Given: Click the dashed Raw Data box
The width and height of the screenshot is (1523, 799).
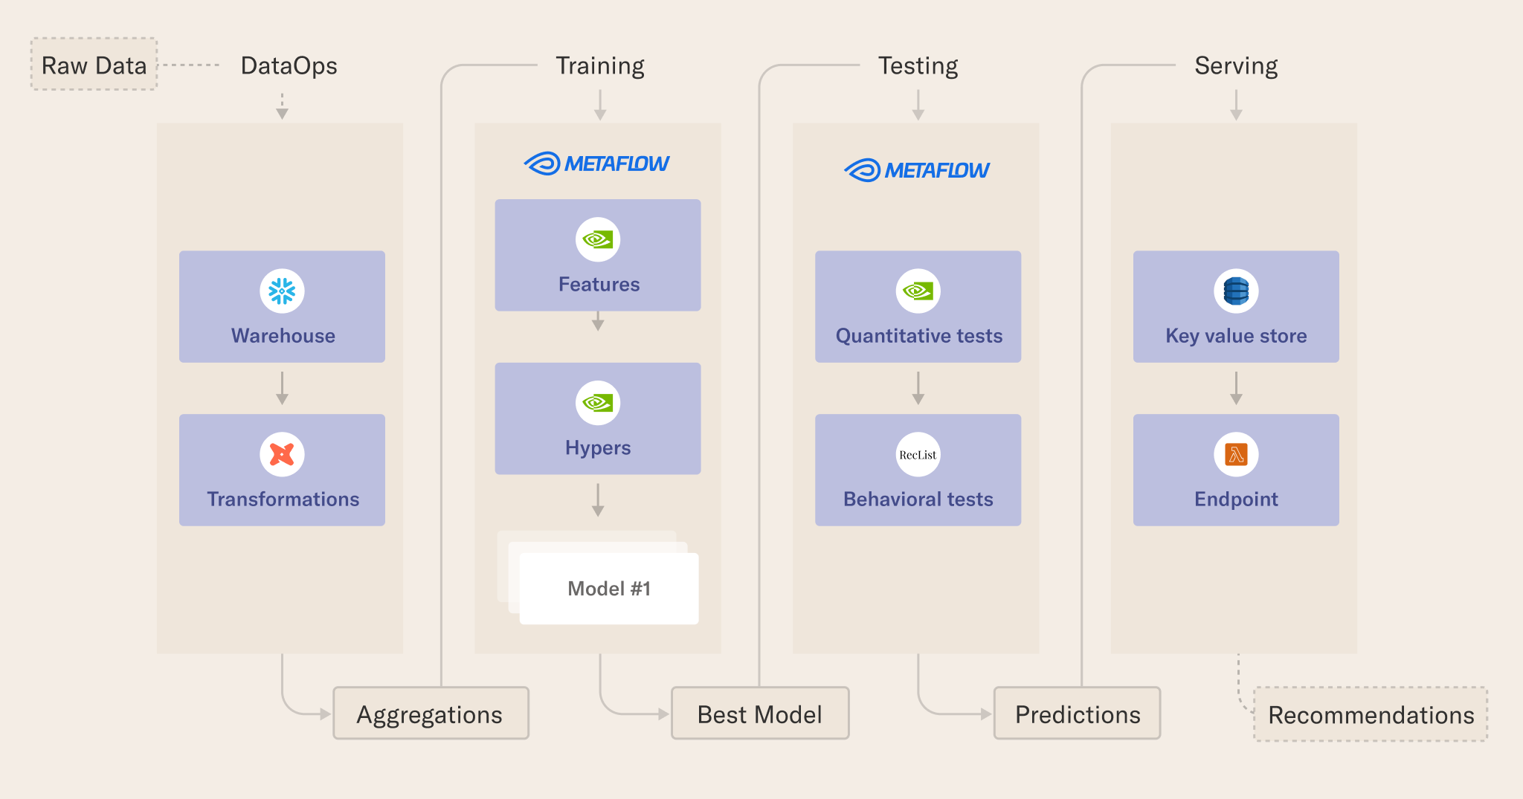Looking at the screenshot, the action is click(x=94, y=65).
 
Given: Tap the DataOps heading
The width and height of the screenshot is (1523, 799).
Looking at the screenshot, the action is click(x=289, y=65).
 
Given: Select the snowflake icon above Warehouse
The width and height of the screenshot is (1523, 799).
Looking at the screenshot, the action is click(x=282, y=291).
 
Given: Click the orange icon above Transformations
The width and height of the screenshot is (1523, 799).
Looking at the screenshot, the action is click(x=282, y=454).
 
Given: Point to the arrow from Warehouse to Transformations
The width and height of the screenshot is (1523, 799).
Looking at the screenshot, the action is click(x=282, y=388).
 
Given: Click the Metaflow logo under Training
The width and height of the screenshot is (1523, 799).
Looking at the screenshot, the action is click(x=597, y=164).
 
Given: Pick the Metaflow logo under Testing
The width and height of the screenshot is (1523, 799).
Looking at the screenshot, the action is click(x=917, y=170).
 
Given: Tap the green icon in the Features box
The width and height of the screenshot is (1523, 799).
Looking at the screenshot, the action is click(x=598, y=239).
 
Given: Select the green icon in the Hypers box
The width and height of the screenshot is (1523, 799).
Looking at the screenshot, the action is click(x=598, y=403).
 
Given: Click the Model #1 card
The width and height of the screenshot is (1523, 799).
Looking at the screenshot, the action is click(x=609, y=589).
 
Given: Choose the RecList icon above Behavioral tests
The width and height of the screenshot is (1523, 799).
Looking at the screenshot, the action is click(x=918, y=454).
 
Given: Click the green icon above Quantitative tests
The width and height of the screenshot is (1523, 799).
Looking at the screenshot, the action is click(x=918, y=291).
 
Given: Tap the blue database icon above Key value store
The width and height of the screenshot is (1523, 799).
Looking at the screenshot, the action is click(x=1236, y=291).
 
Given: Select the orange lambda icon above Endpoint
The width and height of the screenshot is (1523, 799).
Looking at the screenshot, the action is click(x=1236, y=454).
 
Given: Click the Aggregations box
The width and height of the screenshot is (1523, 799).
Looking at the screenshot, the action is click(x=431, y=714).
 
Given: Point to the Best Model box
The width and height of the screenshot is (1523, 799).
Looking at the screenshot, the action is click(x=760, y=714).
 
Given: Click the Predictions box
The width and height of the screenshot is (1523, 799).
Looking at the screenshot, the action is click(x=1077, y=714).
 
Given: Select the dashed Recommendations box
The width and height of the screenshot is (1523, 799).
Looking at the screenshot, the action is click(x=1371, y=714).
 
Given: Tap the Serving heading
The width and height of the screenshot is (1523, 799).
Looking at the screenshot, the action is click(x=1236, y=65).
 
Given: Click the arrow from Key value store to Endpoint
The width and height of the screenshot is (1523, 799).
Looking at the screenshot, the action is click(x=1236, y=388).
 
